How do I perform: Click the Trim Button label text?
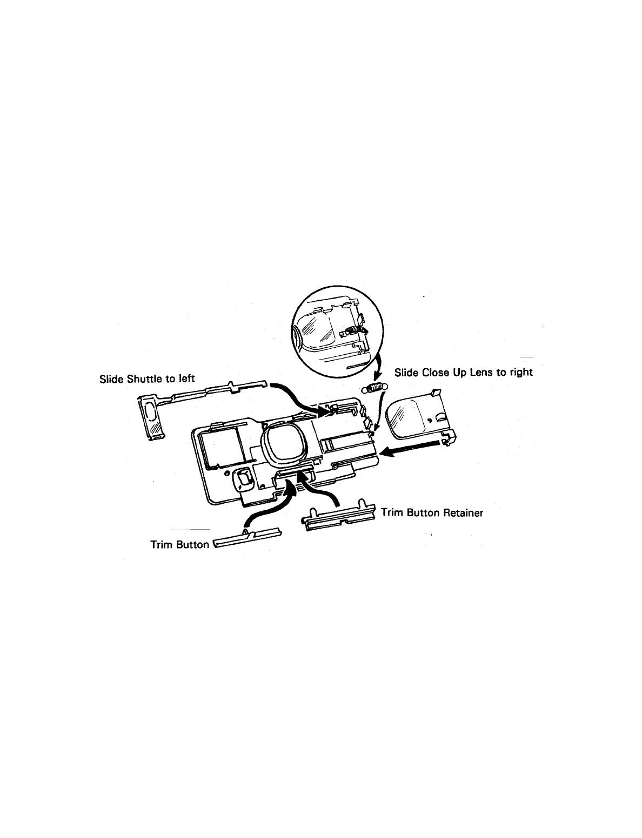(x=179, y=544)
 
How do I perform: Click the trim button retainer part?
(x=340, y=517)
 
